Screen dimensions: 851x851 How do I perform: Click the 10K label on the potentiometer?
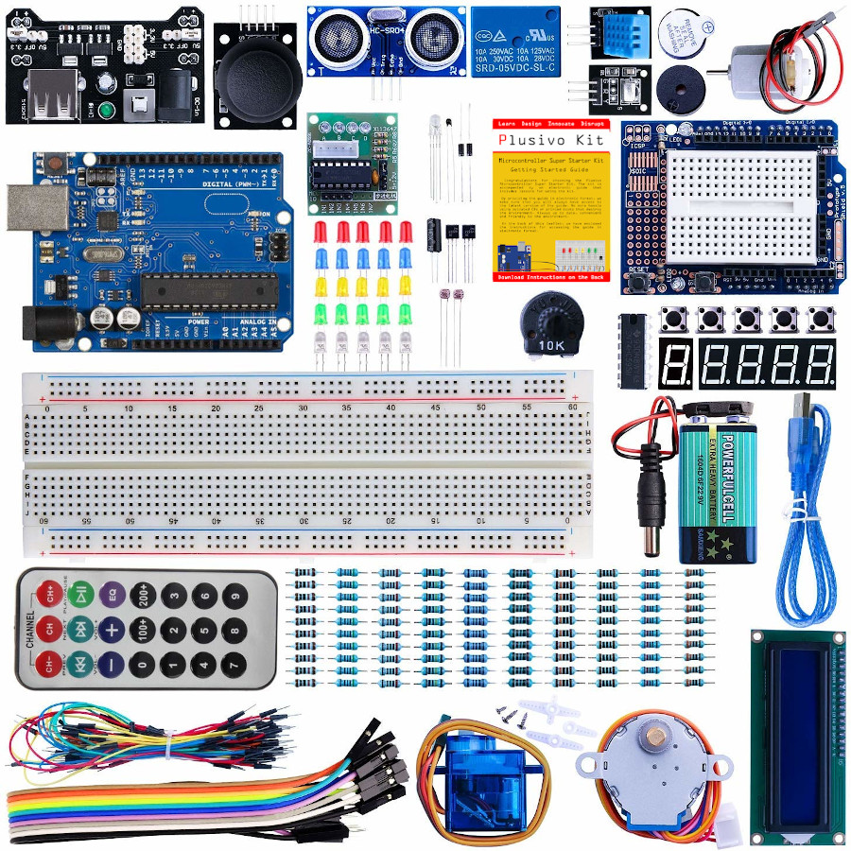[552, 345]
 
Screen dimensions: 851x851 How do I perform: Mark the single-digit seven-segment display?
[676, 362]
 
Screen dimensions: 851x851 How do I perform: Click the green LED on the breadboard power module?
[107, 112]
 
